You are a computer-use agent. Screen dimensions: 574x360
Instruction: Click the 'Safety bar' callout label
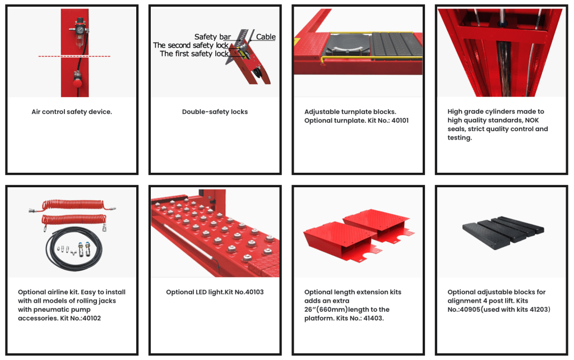[x=212, y=36]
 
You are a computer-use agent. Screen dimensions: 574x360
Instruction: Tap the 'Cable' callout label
[x=266, y=36]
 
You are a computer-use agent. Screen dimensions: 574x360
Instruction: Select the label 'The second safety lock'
[x=191, y=45]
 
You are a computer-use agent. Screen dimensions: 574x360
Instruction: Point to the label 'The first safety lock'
[x=194, y=53]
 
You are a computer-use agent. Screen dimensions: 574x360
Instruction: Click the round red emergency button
[x=77, y=83]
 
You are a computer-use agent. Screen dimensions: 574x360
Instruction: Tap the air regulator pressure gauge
[x=80, y=29]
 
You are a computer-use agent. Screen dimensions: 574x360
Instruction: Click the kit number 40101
[x=400, y=121]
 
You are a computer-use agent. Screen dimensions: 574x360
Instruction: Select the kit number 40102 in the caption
[x=91, y=319]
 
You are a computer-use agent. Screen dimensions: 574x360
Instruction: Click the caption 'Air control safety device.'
[x=72, y=112]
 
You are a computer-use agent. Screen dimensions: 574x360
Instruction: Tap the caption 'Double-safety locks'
[x=215, y=112]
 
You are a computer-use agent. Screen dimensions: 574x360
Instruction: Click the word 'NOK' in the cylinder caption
[x=532, y=120]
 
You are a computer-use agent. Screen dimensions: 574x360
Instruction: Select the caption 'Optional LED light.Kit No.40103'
[x=215, y=292]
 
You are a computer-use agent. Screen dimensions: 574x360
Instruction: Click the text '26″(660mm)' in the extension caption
[x=326, y=310]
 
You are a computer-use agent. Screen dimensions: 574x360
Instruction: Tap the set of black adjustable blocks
[x=503, y=232]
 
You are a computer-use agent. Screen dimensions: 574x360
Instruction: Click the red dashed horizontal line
[x=75, y=57]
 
